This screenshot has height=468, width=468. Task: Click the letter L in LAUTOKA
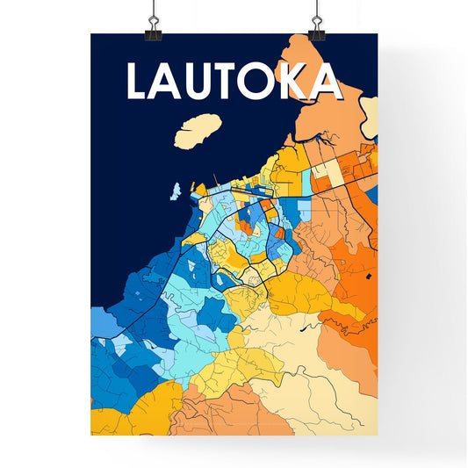point(140,81)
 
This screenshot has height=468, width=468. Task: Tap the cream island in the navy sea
point(198,130)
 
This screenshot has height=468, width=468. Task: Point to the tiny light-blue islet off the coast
point(176,189)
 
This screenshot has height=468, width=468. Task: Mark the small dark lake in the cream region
point(305,328)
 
